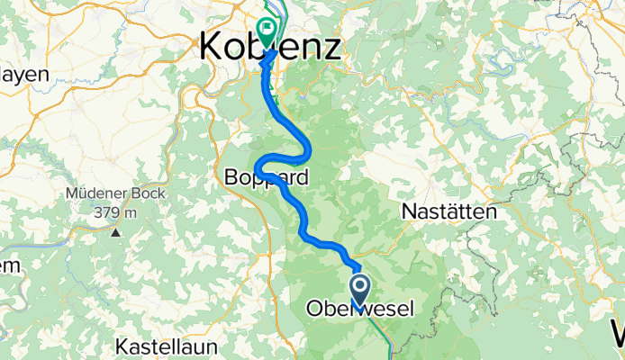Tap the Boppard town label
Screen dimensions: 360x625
pyautogui.click(x=267, y=178)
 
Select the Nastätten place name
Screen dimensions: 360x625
pyautogui.click(x=448, y=212)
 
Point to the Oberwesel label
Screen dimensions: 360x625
pyautogui.click(x=360, y=309)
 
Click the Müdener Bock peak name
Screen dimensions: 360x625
pyautogui.click(x=113, y=195)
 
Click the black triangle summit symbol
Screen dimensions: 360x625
pyautogui.click(x=116, y=232)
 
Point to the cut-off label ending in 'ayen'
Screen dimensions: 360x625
pyautogui.click(x=24, y=75)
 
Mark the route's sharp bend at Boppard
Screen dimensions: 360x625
pyautogui.click(x=258, y=166)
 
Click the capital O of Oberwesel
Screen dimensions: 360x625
pyautogui.click(x=314, y=309)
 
